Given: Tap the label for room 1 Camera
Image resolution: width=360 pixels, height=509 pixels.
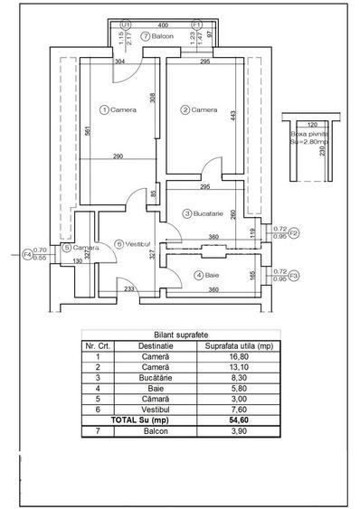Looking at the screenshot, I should point(120,109).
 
